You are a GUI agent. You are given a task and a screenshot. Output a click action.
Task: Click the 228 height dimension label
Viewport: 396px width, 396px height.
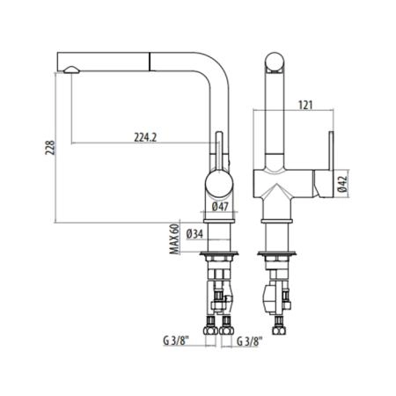point(49,148)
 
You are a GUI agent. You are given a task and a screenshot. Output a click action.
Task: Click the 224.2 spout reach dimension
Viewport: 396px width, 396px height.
point(145,137)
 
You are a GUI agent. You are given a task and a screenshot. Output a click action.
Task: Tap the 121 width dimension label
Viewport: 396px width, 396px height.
point(305,105)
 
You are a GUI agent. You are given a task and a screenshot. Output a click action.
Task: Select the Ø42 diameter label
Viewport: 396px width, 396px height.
point(342,185)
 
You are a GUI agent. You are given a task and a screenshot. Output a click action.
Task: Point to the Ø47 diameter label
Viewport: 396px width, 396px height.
point(220,207)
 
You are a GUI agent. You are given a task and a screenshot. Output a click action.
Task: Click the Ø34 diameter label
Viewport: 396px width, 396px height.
point(194,234)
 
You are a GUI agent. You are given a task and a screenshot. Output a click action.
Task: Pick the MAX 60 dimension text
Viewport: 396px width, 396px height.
point(175,239)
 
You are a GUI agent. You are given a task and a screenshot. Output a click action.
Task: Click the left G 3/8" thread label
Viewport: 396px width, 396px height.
point(176,341)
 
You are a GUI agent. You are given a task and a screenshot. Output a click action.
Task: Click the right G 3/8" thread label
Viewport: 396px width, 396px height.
point(249,341)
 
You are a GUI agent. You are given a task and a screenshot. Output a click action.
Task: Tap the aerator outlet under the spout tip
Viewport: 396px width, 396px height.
point(71,70)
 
